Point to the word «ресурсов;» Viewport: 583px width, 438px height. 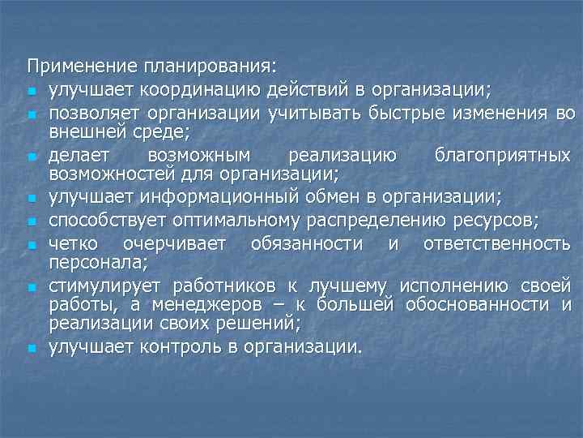[x=497, y=220]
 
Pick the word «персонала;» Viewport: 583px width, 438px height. [x=90, y=262]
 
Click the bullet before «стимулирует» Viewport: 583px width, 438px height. [x=31, y=287]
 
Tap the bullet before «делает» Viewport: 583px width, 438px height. [x=31, y=156]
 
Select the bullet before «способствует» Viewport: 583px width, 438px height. [x=31, y=221]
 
